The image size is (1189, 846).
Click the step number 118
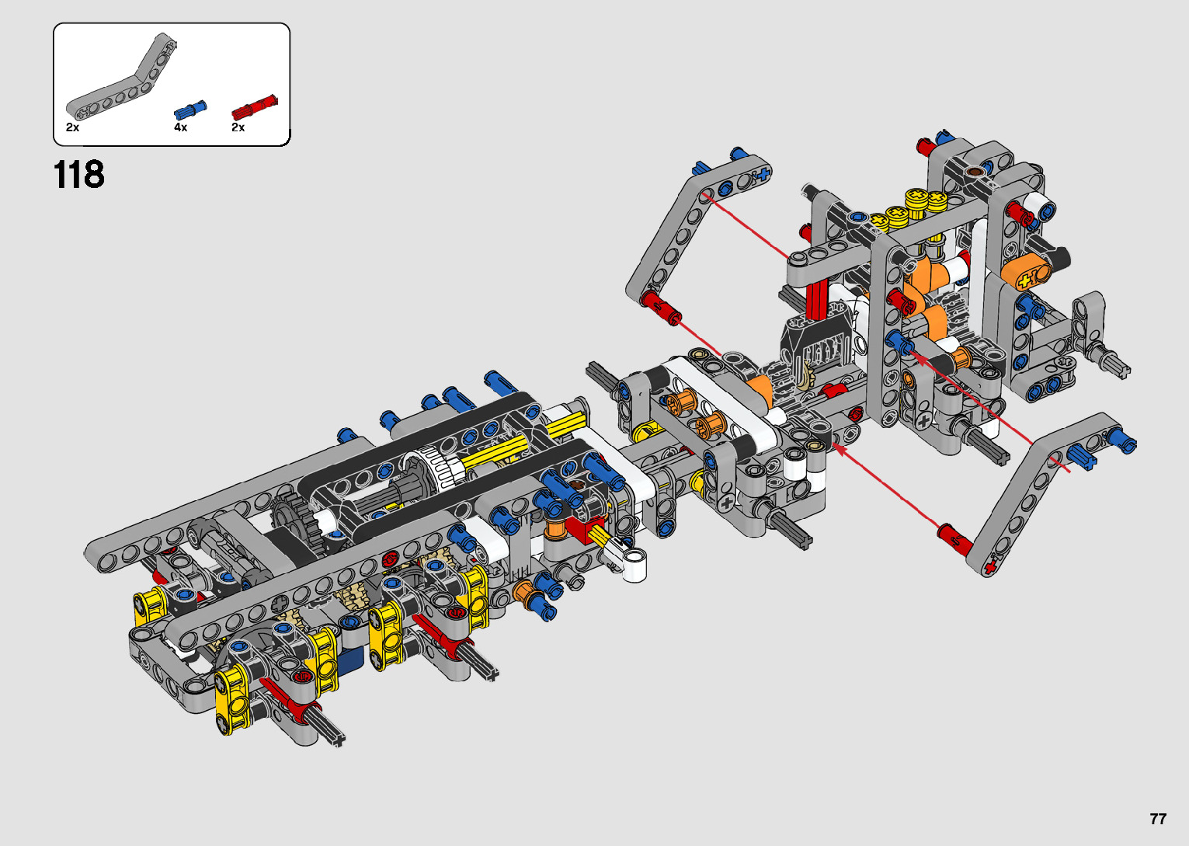[x=78, y=174]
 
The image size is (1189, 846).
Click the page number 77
[x=1158, y=818]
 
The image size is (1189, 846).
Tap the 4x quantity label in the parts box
[x=180, y=127]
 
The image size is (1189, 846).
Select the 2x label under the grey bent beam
[x=72, y=127]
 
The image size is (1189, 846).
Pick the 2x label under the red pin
[x=238, y=127]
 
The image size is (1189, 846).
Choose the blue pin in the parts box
[x=190, y=110]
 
